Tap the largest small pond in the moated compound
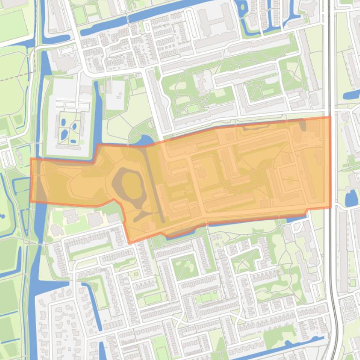(x=64, y=135)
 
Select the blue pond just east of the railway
(x=351, y=198)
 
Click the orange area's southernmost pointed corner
(x=130, y=243)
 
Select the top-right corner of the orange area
(x=330, y=117)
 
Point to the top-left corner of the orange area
(x=31, y=159)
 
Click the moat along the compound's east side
(x=98, y=112)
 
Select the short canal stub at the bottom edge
(x=102, y=351)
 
